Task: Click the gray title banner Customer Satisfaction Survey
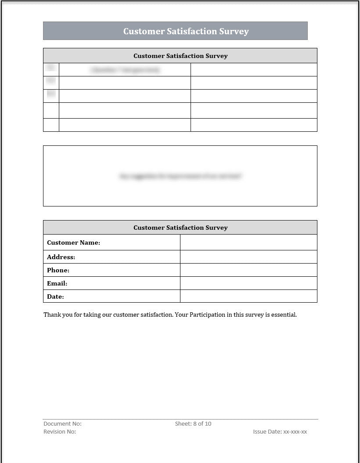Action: click(186, 31)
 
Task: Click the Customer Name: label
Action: click(73, 242)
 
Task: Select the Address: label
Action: click(61, 257)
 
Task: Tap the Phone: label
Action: click(58, 270)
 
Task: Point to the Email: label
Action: click(57, 283)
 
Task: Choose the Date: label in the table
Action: click(55, 297)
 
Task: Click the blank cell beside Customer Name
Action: click(248, 242)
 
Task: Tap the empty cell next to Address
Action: click(248, 257)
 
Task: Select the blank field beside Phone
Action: click(248, 270)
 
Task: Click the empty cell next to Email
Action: click(248, 283)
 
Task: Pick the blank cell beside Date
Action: click(248, 297)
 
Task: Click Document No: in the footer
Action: click(62, 423)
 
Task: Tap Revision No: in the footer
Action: click(60, 431)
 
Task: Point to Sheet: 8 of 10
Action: click(193, 423)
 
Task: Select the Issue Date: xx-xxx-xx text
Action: click(280, 431)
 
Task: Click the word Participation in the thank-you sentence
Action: click(208, 315)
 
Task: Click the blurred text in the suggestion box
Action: click(180, 176)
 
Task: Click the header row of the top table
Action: click(180, 56)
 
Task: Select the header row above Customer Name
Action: click(180, 228)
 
